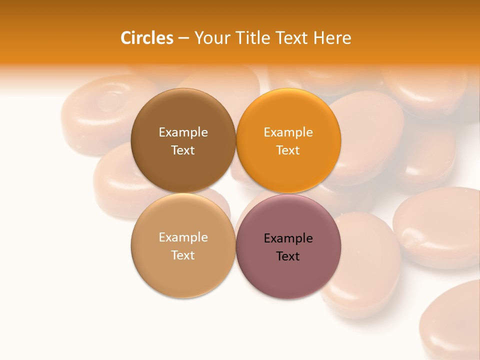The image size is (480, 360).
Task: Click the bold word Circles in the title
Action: pos(146,38)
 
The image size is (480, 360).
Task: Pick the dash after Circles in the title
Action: pos(183,38)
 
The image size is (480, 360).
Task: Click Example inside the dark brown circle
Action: pos(183,132)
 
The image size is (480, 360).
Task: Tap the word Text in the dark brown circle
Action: pos(183,150)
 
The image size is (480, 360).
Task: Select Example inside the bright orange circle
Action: pos(288,132)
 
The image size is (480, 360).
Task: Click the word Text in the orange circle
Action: pos(288,150)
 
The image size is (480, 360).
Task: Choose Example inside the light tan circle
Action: pos(183,237)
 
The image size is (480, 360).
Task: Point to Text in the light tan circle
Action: pos(183,255)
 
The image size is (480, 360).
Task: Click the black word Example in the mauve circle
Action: pos(288,238)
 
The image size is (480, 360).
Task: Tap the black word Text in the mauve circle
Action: pos(288,256)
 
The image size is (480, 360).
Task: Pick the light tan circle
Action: pos(183,275)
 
